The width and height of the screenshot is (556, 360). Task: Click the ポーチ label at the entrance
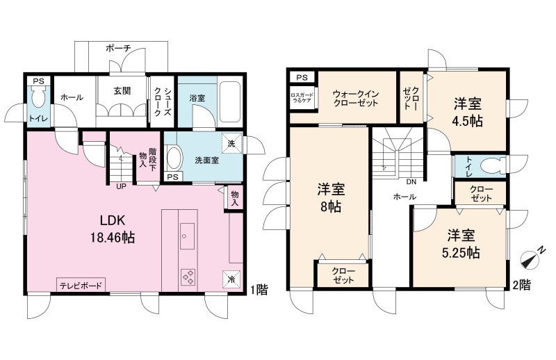[118, 48]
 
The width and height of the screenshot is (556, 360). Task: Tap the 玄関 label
[122, 91]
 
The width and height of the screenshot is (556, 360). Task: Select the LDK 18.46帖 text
[113, 229]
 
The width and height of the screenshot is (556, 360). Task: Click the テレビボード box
[81, 285]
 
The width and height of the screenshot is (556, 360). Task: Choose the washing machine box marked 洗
[231, 143]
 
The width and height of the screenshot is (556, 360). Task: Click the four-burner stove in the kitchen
[188, 277]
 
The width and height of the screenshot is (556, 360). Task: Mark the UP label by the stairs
[121, 186]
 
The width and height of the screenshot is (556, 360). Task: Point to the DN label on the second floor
[411, 182]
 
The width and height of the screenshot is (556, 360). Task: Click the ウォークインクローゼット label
[356, 99]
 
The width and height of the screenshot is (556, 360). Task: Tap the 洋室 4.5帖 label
[468, 113]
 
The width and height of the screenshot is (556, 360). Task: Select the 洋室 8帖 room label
[331, 197]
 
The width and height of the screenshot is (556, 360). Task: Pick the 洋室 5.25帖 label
[461, 244]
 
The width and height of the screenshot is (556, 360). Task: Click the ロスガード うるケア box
[302, 99]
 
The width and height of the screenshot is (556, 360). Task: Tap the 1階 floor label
[259, 290]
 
